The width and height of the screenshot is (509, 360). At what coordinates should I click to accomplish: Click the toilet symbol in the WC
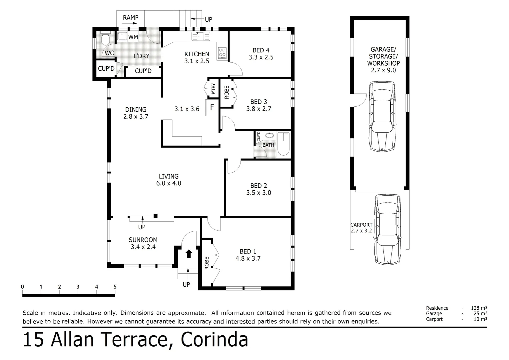(x=105, y=39)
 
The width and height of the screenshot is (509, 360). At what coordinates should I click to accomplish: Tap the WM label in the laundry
(x=133, y=37)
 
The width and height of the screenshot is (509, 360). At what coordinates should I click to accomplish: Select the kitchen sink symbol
(x=201, y=36)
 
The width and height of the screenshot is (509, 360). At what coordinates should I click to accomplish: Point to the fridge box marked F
(x=212, y=108)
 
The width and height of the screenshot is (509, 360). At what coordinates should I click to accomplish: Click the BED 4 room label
(x=261, y=50)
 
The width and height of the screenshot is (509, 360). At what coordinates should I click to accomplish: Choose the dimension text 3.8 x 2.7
(x=258, y=109)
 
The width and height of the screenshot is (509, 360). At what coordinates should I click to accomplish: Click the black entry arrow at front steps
(x=189, y=254)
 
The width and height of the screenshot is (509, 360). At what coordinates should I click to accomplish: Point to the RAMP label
(x=131, y=18)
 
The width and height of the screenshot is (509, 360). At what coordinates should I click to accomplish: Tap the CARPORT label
(x=361, y=225)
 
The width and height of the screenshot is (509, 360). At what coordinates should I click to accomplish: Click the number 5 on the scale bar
(x=115, y=287)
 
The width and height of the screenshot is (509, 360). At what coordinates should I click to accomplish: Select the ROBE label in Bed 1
(x=207, y=263)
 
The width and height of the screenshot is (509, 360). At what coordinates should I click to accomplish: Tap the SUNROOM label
(x=143, y=240)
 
